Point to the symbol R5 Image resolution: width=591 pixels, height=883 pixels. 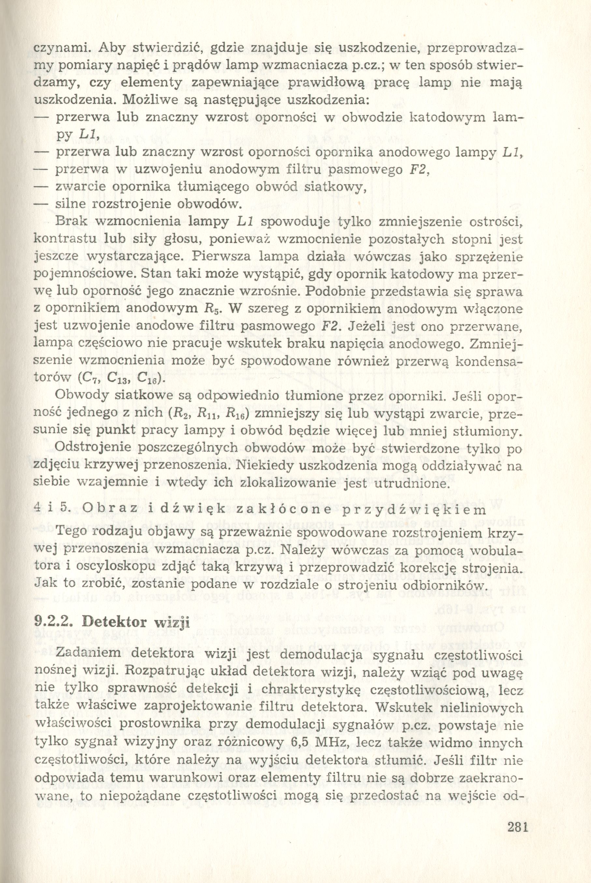pos(211,309)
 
